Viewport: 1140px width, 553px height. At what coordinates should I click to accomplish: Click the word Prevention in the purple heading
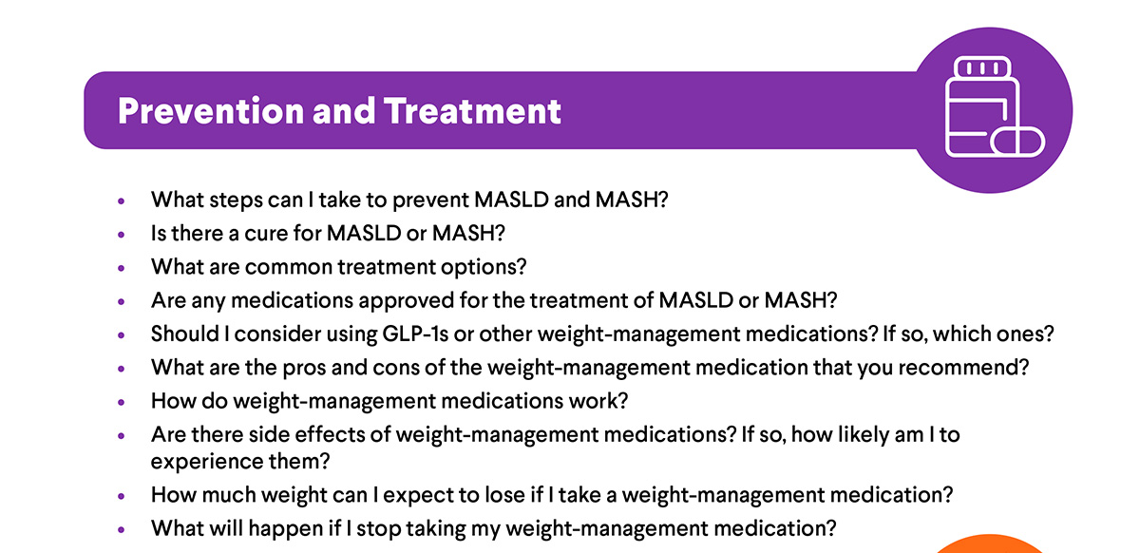(211, 111)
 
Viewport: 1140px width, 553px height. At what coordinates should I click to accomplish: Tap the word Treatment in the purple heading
(472, 111)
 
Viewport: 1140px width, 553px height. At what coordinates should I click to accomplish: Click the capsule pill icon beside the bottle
(1017, 143)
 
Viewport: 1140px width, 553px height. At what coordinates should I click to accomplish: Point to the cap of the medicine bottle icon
(982, 67)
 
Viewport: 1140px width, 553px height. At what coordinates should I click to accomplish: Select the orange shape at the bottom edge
(990, 544)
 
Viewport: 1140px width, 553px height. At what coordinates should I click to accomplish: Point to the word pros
(304, 369)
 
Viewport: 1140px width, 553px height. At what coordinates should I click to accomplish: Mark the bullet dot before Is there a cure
(122, 235)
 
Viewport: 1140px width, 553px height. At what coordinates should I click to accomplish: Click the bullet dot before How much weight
(122, 496)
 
